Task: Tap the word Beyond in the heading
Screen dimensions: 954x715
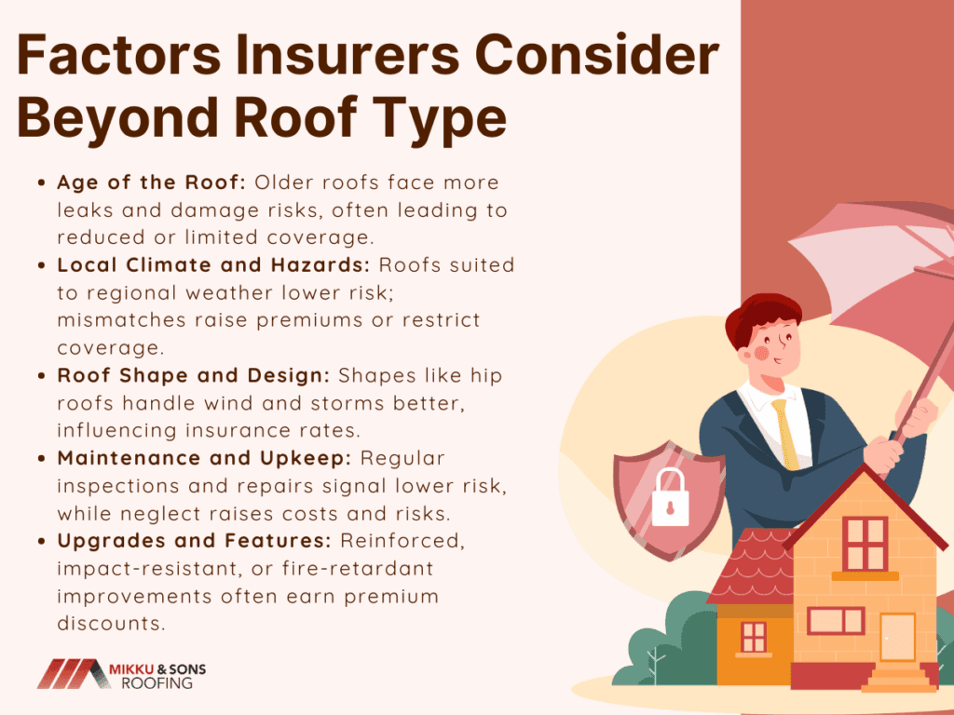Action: tap(117, 118)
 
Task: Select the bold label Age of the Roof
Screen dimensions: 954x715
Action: tap(151, 182)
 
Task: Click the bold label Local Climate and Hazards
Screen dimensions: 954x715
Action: tap(213, 265)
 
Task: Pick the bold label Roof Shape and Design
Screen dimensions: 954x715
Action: tap(194, 376)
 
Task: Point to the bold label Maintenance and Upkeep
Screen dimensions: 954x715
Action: tap(204, 458)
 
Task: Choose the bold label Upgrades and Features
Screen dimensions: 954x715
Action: tap(194, 541)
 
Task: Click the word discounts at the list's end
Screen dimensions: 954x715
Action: tap(112, 623)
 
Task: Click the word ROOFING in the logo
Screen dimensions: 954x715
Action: tap(157, 683)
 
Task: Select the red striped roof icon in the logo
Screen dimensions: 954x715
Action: tap(73, 674)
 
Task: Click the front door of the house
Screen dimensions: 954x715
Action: tap(898, 637)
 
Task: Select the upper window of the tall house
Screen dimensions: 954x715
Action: tap(865, 544)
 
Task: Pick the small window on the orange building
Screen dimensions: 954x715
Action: tap(754, 637)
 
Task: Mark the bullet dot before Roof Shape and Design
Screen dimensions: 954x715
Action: tap(41, 376)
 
